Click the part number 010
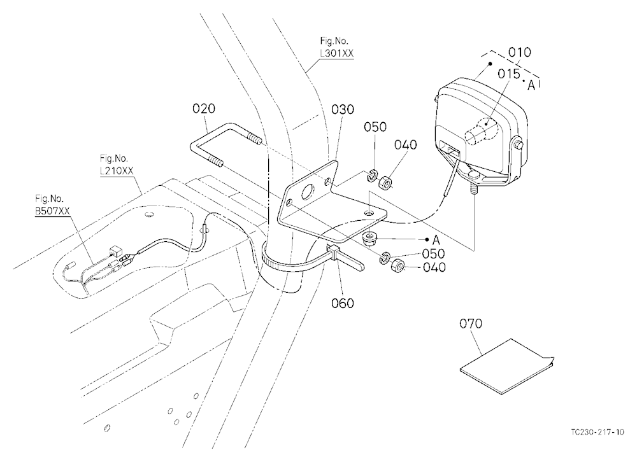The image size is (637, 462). click(x=519, y=52)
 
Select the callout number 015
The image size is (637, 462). click(x=508, y=74)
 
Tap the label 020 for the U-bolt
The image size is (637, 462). click(x=204, y=109)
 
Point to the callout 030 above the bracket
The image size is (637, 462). click(x=343, y=109)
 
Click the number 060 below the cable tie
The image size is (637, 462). click(x=343, y=304)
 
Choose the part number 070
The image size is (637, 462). click(x=471, y=323)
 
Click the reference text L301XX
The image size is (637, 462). click(x=337, y=53)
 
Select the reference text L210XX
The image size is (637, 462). click(x=117, y=171)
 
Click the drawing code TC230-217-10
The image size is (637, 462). click(x=598, y=432)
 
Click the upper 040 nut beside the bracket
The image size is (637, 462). click(x=385, y=182)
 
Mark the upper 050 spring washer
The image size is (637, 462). click(x=372, y=176)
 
